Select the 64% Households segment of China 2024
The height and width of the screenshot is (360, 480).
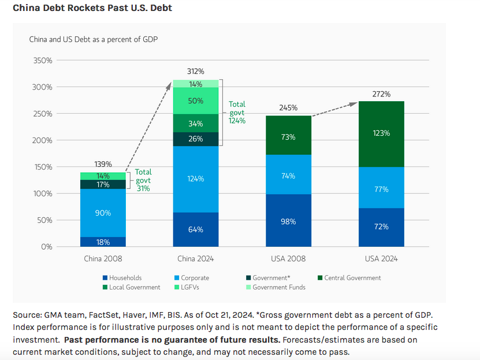tap(196, 229)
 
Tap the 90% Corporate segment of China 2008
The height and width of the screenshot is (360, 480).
tap(103, 213)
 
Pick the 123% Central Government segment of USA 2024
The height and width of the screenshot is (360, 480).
tap(381, 133)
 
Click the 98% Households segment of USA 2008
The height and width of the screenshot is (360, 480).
tap(288, 221)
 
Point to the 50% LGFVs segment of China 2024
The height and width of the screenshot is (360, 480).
tap(196, 101)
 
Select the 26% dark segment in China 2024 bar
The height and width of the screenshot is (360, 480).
tap(196, 139)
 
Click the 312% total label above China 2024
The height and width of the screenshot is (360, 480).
tap(196, 72)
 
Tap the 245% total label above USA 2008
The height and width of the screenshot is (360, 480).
tap(288, 107)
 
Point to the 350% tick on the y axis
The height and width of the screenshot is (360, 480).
tap(43, 61)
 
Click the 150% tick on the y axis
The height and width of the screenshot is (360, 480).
tap(43, 167)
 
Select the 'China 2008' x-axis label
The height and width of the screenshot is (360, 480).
tap(103, 258)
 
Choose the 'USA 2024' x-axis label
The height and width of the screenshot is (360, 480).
tap(381, 258)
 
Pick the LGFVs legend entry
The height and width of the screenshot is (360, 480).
tap(194, 287)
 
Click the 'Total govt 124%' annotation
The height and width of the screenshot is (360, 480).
tap(237, 113)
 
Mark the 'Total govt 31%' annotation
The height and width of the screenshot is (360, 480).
tap(143, 180)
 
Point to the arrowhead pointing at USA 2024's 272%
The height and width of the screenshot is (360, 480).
tap(354, 104)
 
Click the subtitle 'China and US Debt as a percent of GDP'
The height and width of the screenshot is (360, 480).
tap(94, 39)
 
